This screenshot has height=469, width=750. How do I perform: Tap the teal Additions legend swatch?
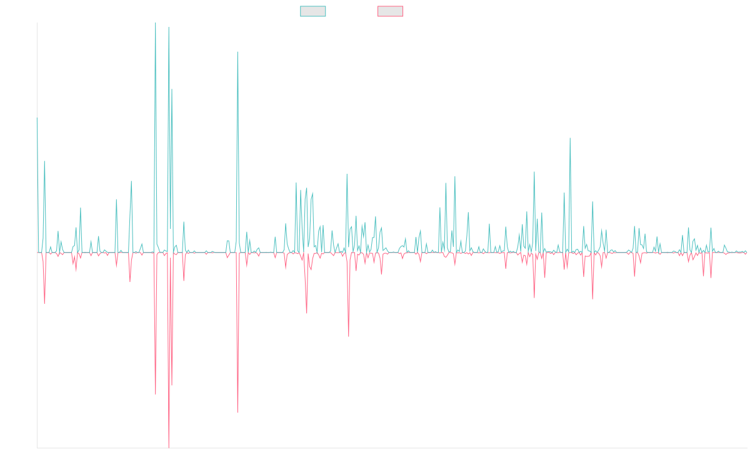tap(313, 11)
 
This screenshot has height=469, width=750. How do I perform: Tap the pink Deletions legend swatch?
tap(391, 11)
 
